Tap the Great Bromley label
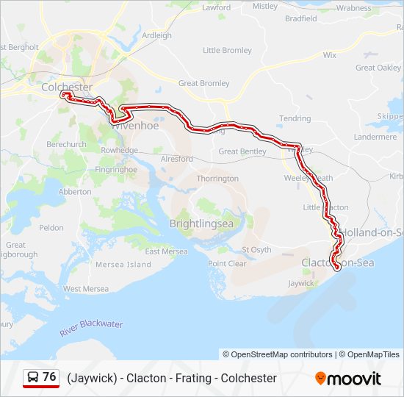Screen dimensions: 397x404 (203, 84)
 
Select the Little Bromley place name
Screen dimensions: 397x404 (227, 51)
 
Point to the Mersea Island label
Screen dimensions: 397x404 (123, 265)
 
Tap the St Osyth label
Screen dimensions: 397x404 (256, 249)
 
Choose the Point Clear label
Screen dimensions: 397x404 (227, 264)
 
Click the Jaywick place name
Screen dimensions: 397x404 (301, 283)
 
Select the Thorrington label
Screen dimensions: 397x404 (217, 179)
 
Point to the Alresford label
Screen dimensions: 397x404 (176, 159)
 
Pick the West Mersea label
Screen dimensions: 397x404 (86, 289)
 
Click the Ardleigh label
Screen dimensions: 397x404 (156, 35)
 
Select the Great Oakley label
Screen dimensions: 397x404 (378, 68)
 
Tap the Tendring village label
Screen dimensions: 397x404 (295, 118)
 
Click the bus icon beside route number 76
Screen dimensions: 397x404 (33, 377)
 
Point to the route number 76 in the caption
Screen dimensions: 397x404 (49, 377)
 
